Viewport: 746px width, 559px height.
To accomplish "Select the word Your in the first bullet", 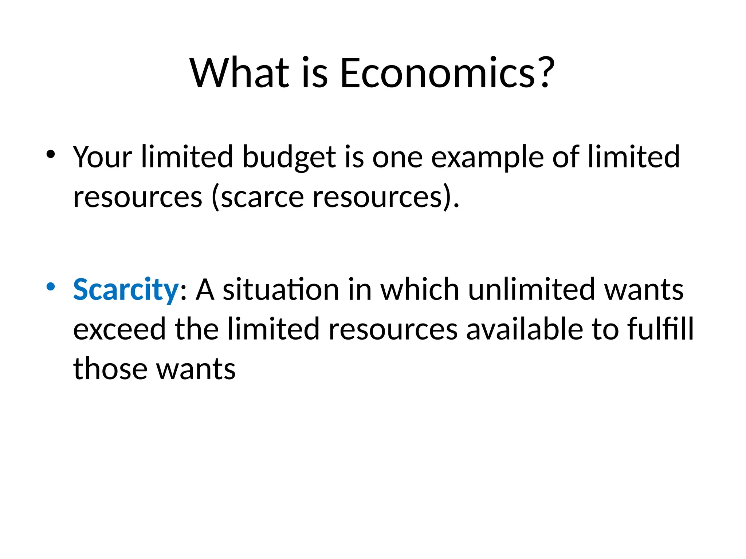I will [x=102, y=157].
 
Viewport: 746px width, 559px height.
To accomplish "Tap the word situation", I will [x=281, y=290].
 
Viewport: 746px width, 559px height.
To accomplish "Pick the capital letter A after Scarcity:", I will [x=205, y=290].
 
